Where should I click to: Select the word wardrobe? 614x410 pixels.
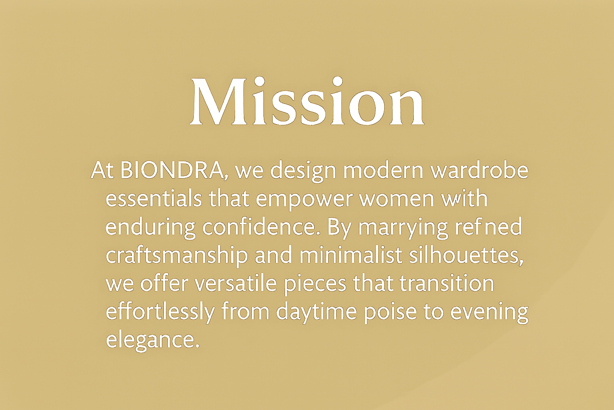pyautogui.click(x=479, y=170)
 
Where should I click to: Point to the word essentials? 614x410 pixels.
pyautogui.click(x=154, y=199)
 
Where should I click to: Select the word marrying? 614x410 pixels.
pyautogui.click(x=403, y=229)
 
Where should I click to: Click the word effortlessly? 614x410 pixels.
pyautogui.click(x=160, y=313)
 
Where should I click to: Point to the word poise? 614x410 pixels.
pyautogui.click(x=391, y=313)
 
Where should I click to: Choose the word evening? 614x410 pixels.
pyautogui.click(x=489, y=313)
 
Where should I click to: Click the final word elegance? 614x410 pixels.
pyautogui.click(x=153, y=342)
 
